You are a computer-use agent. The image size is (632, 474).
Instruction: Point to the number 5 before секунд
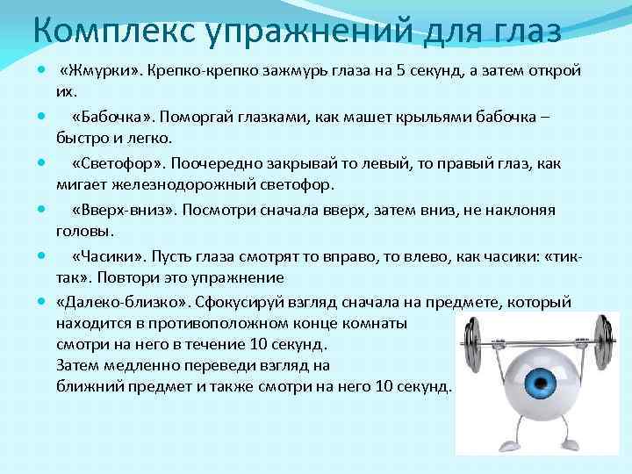(x=400, y=70)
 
